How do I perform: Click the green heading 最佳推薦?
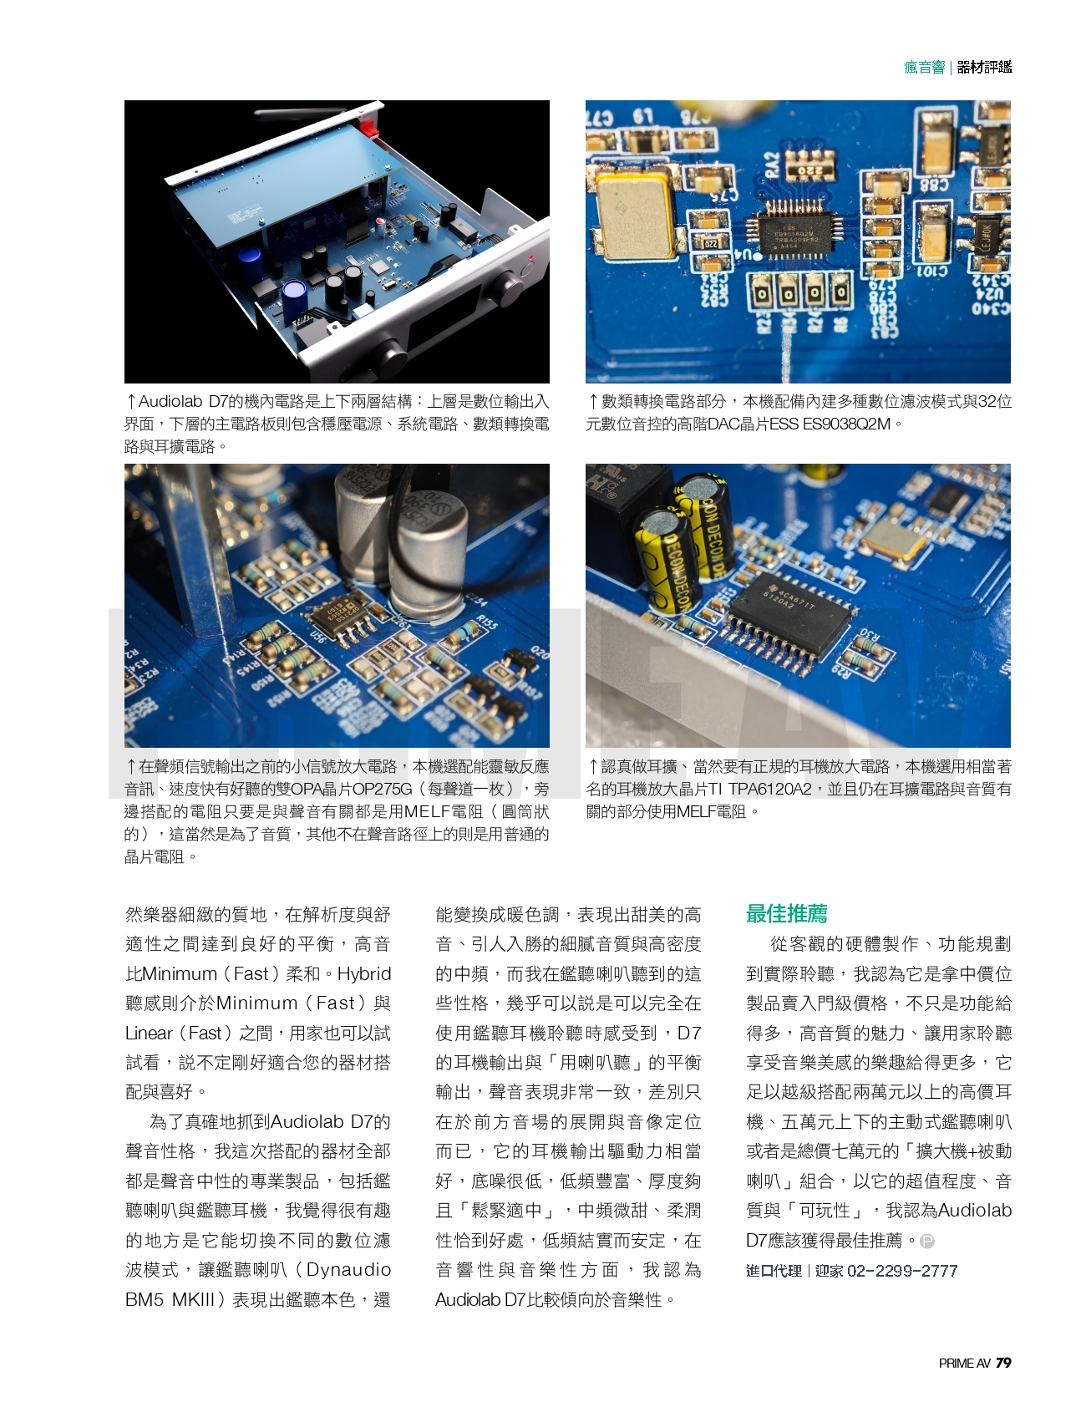(x=786, y=913)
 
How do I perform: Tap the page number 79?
(x=1003, y=1363)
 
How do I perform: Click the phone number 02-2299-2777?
(x=902, y=1271)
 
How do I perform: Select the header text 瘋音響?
(x=924, y=68)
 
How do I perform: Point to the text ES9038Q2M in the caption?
(x=846, y=424)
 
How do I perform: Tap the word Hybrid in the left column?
(x=364, y=973)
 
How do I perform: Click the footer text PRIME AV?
(x=964, y=1364)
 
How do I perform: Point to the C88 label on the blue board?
(x=934, y=184)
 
